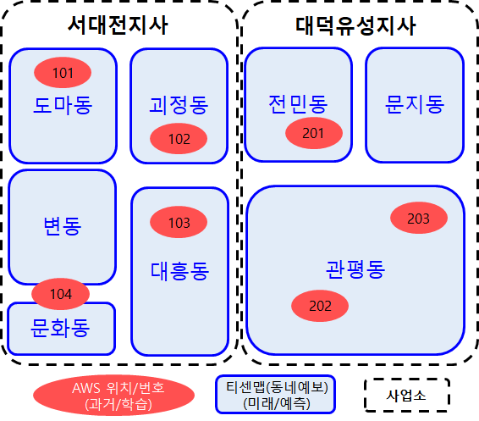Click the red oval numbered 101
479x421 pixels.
(x=63, y=73)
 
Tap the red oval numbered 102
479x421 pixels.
(x=179, y=139)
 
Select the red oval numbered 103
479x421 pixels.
(x=179, y=222)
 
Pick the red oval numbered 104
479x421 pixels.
(x=60, y=294)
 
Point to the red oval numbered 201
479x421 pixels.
(x=314, y=133)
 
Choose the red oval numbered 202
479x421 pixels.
(x=320, y=306)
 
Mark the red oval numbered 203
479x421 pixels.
(x=419, y=218)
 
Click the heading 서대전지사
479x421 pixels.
(x=118, y=25)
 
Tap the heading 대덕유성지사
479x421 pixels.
(x=355, y=25)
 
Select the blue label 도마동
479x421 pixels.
(x=63, y=105)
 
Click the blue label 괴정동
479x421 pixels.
(x=179, y=105)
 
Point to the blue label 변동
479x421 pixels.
(x=63, y=225)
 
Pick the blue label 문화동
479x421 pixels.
(x=60, y=328)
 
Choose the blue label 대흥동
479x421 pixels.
(x=179, y=271)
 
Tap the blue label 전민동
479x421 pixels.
(x=298, y=104)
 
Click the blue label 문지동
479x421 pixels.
(x=415, y=104)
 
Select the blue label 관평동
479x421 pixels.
(x=355, y=269)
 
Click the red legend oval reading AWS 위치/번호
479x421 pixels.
(x=113, y=396)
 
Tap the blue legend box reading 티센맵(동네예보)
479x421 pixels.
(x=276, y=395)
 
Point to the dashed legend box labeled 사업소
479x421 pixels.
(x=407, y=395)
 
